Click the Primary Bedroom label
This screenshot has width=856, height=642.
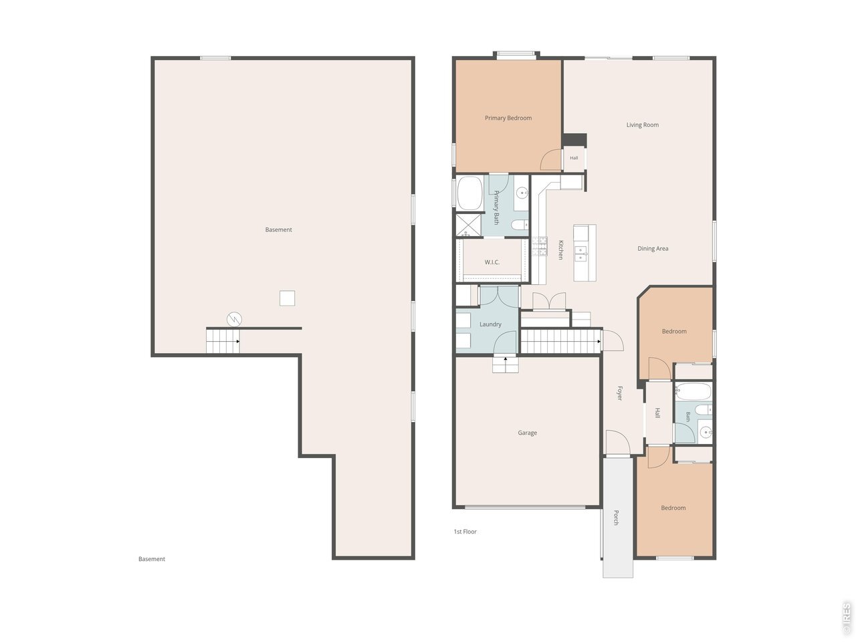pos(508,118)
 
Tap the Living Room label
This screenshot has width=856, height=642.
pos(642,125)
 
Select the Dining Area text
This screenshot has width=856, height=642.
pos(653,248)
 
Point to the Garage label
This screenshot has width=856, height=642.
pos(527,433)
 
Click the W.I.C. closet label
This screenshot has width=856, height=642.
pos(492,262)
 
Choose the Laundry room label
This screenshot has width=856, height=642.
pos(490,324)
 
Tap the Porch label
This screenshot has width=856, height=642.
pos(616,517)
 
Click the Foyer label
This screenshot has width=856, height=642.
pos(620,393)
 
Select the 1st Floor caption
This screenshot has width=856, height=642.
pos(465,531)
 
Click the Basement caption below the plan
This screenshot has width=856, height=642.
pos(152,558)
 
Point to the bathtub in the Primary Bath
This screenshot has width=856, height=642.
pos(469,193)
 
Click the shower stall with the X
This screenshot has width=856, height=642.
pos(469,225)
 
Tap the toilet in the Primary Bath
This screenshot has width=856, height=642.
pos(520,225)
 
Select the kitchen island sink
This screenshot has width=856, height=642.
pos(580,253)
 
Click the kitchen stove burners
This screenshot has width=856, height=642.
pos(539,246)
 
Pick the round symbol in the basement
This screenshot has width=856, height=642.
pos(234,320)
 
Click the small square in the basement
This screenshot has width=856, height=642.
pos(287,298)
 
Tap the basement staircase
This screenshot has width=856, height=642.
pos(223,341)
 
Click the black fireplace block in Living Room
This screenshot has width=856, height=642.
pos(574,140)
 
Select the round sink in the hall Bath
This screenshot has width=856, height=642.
pos(704,432)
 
